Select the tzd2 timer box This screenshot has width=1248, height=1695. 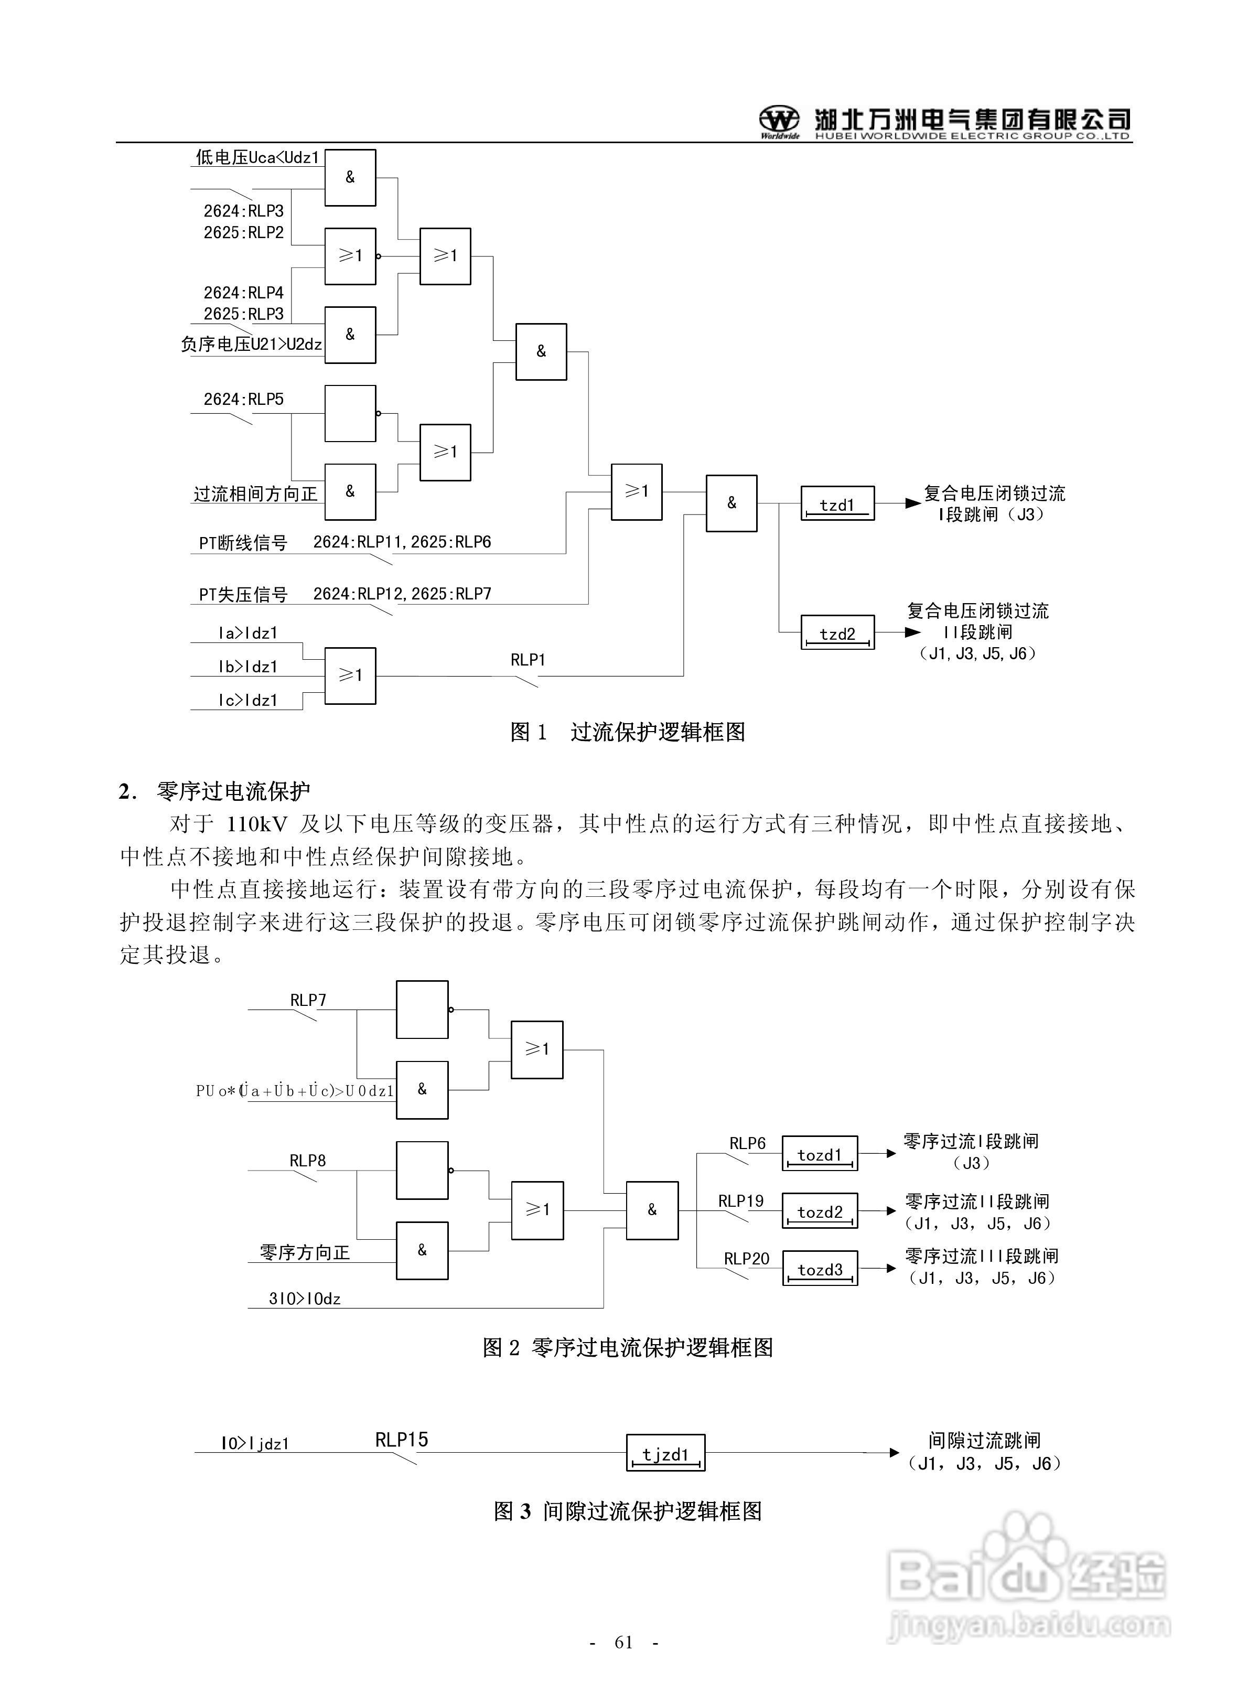tap(837, 633)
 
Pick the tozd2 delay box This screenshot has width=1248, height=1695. tap(819, 1211)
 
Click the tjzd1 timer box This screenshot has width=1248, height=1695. tap(665, 1453)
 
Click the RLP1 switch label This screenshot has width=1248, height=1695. tap(528, 659)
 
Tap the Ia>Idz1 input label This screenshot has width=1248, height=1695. tap(248, 633)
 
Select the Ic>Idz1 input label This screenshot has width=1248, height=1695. tap(248, 700)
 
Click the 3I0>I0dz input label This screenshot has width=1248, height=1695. tap(305, 1299)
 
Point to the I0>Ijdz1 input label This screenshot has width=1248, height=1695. tap(255, 1443)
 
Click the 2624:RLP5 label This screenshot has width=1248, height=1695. tap(243, 399)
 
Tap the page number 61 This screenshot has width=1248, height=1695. tap(623, 1642)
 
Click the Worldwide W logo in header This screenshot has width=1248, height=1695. tap(779, 121)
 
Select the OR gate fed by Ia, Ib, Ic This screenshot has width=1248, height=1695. tap(350, 675)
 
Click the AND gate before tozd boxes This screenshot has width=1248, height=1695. tap(652, 1210)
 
